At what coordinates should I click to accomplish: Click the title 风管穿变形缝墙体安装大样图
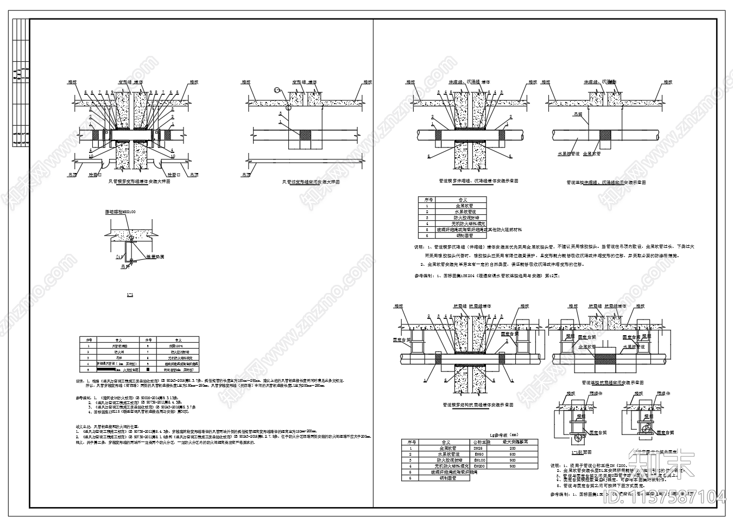pos(140,183)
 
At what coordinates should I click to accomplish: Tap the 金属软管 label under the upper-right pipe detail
pos(591,154)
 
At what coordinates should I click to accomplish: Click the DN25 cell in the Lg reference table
pos(479,448)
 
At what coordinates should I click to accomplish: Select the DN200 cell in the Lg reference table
pos(479,466)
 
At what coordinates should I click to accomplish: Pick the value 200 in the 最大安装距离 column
pos(512,448)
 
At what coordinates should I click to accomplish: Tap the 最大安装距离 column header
pos(512,442)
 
